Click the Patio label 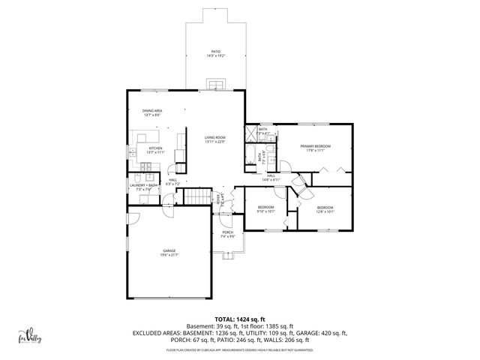[x=215, y=53]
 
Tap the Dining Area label [x=153, y=112]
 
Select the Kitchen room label [x=155, y=150]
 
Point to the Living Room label [x=215, y=139]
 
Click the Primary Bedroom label [x=315, y=148]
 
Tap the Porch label [x=227, y=235]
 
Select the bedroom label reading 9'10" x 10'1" [x=266, y=209]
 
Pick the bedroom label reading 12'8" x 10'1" [x=325, y=209]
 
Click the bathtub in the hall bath [x=249, y=157]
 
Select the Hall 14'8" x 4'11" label [x=271, y=178]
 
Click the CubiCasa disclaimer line [x=240, y=349]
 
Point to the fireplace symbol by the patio [x=215, y=83]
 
